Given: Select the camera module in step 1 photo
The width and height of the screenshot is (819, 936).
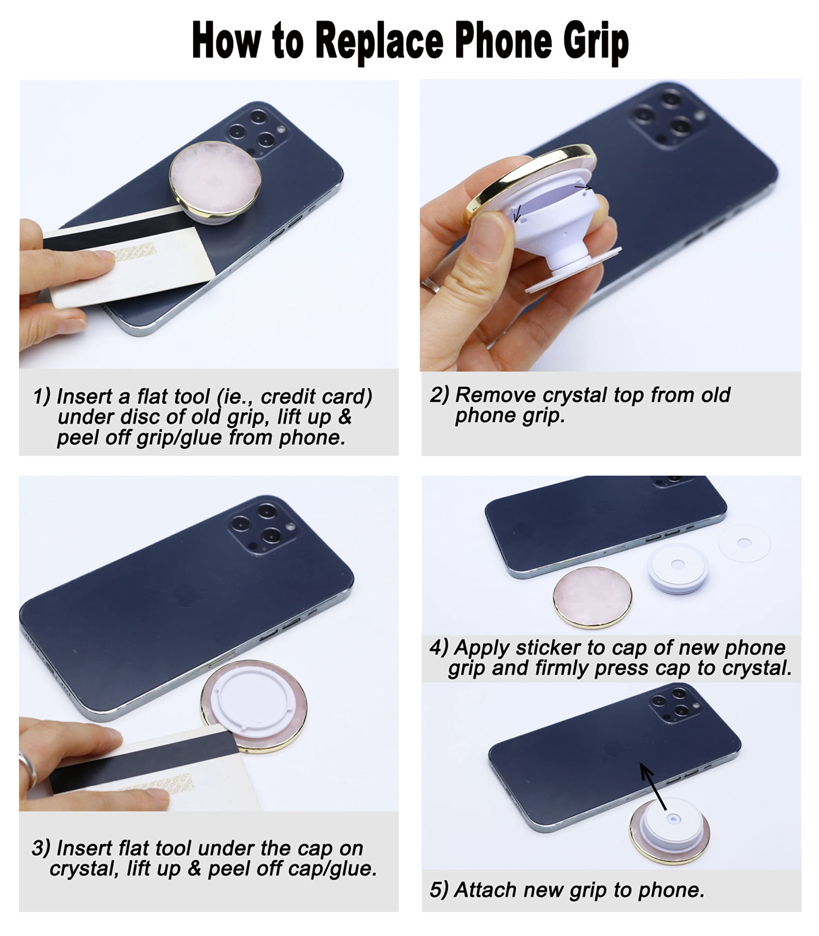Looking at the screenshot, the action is point(256,132).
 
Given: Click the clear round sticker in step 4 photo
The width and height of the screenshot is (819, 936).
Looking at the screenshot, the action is point(744,543).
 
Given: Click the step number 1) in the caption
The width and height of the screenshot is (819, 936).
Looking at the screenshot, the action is point(42,397).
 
